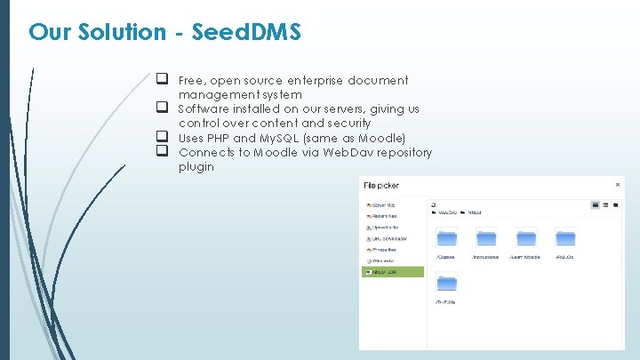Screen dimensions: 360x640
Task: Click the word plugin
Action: tap(196, 166)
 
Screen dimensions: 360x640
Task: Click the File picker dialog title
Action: tap(381, 186)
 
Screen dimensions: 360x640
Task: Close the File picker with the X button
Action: tap(618, 185)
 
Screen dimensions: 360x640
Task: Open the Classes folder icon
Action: tap(446, 237)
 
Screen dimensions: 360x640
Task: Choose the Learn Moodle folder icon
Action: tap(525, 237)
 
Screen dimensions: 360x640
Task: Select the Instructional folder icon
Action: tap(485, 237)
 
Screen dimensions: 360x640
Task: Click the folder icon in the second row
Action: tap(446, 284)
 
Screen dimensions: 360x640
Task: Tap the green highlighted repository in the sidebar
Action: tap(393, 271)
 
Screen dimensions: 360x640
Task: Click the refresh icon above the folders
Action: tap(433, 204)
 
